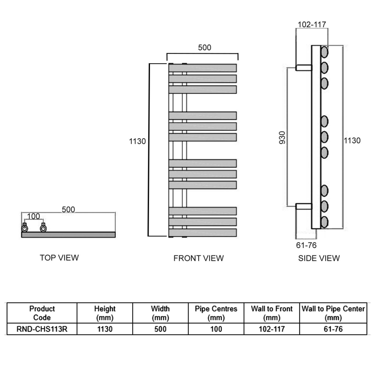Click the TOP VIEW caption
click(60, 257)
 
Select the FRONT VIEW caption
click(198, 258)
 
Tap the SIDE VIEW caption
click(319, 258)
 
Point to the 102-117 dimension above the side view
click(312, 25)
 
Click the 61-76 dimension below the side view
click(307, 244)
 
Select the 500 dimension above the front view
click(205, 47)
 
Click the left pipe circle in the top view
click(24, 228)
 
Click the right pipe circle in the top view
click(44, 228)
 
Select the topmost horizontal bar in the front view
click(202, 68)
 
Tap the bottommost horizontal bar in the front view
click(202, 232)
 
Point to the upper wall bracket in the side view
click(304, 67)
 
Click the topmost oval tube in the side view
click(324, 51)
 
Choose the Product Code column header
click(42, 313)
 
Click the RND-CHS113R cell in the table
click(42, 329)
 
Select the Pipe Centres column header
click(216, 313)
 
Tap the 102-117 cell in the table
click(272, 329)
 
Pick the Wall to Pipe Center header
click(333, 313)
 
